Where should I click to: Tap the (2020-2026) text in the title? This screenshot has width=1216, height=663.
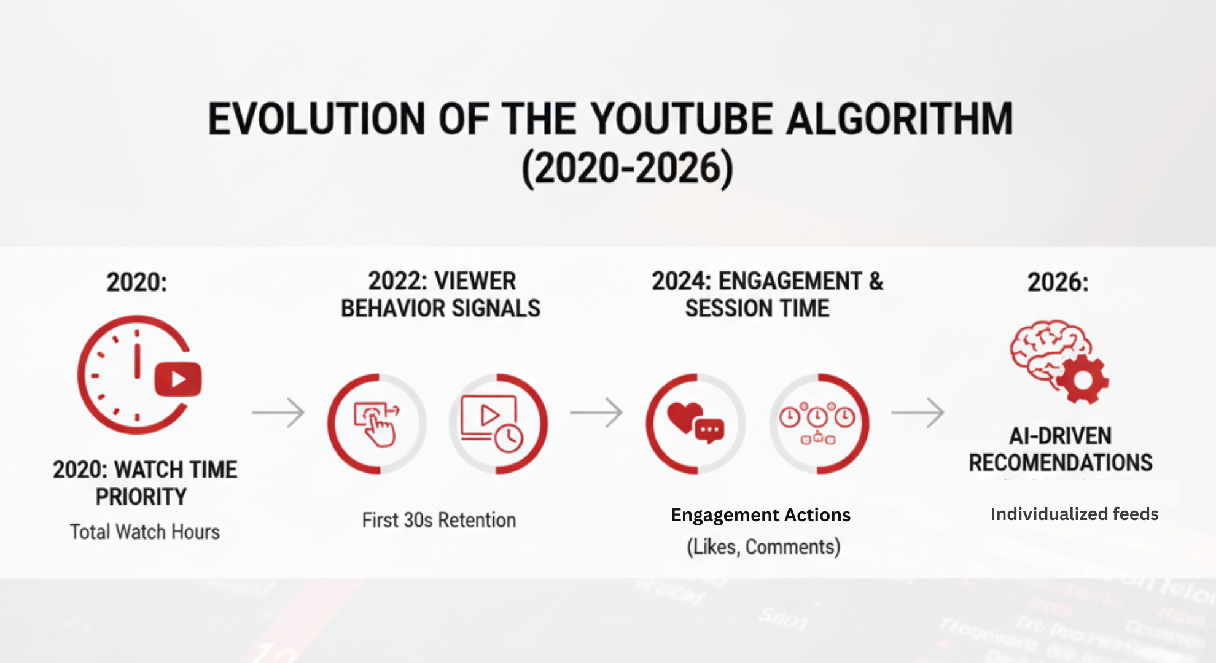coord(627,168)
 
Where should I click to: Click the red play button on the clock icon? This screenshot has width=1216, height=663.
coord(178,379)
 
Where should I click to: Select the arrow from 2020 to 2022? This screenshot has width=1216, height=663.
coord(278,413)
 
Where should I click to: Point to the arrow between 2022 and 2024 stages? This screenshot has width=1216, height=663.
coord(596,413)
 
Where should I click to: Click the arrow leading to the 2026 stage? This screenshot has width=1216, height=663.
coord(918,413)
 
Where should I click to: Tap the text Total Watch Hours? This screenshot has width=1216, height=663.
coord(145,532)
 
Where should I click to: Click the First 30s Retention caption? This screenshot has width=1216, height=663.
coord(438,521)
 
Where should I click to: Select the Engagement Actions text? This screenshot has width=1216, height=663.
coord(760,515)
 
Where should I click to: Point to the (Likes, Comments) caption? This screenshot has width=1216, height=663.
coord(763,546)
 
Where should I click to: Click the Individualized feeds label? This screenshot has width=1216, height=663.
coord(1074,514)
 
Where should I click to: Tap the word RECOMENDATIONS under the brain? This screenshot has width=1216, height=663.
coord(1061,463)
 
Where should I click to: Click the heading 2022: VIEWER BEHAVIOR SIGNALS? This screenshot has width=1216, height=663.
coord(441,295)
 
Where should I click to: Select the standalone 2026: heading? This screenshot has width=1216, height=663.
coord(1058,282)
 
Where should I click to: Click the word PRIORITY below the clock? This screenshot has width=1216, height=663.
coord(141,497)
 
